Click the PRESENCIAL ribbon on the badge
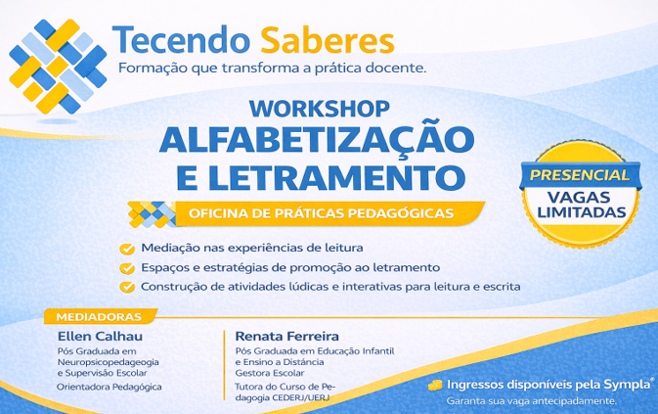580,174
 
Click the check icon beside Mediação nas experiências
126,248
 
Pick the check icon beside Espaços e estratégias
126,267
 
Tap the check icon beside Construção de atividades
126,287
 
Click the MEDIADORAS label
100,317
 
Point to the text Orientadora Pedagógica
110,387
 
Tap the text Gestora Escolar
270,373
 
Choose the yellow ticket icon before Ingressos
434,385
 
